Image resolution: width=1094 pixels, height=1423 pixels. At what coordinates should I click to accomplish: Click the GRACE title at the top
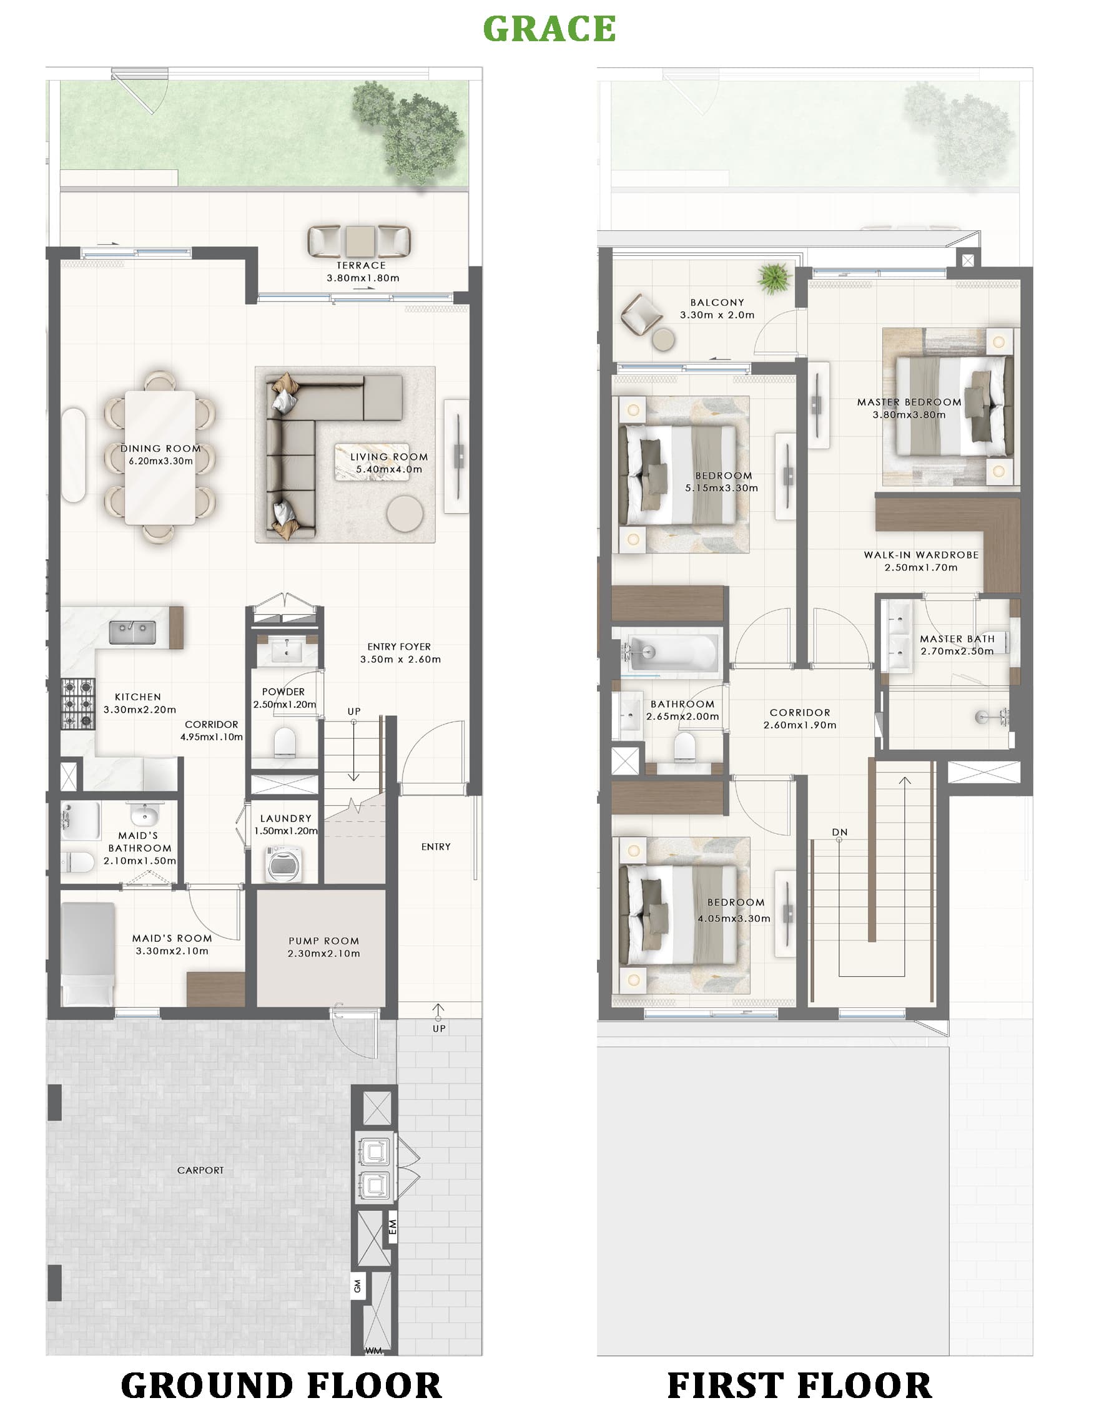[549, 29]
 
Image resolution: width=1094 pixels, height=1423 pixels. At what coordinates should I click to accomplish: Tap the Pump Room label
[323, 941]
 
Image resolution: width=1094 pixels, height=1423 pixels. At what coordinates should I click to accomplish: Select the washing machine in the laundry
[285, 863]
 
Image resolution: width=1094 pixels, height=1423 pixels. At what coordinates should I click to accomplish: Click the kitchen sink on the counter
[132, 632]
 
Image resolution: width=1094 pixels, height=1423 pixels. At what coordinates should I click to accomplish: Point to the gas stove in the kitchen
[78, 703]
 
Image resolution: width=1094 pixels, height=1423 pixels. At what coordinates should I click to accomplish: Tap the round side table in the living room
[405, 514]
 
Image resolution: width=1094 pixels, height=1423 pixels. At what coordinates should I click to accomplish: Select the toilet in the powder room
[285, 741]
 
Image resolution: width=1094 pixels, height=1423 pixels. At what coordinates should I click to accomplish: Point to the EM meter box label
[392, 1227]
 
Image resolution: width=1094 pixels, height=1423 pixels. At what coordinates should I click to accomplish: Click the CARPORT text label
[200, 1170]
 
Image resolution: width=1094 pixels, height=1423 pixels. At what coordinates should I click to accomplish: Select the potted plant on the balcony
[774, 278]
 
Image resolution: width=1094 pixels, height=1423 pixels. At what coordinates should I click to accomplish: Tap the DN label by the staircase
[839, 832]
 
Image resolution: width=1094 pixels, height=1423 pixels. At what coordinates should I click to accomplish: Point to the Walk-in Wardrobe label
[921, 555]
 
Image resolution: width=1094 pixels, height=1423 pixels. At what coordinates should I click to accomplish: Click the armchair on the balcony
[641, 314]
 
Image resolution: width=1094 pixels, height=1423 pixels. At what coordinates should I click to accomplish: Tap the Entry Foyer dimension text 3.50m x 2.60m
[400, 660]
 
